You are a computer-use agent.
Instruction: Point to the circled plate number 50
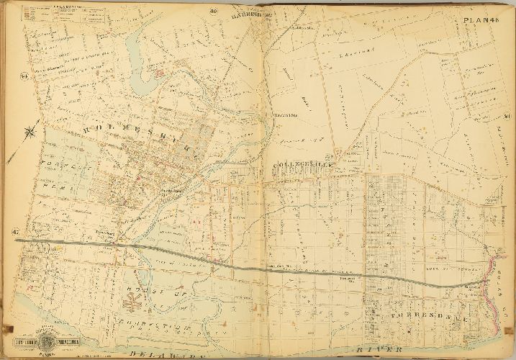[507, 118]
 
